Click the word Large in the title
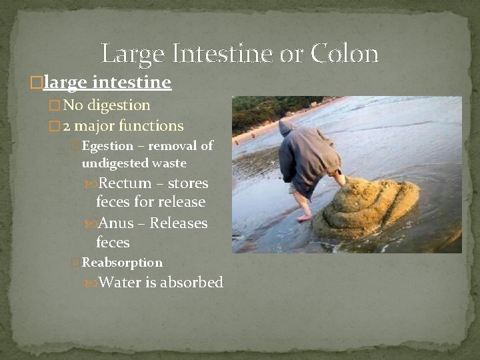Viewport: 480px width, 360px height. [131, 53]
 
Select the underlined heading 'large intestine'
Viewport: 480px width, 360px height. [107, 83]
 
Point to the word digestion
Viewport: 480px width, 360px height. [119, 105]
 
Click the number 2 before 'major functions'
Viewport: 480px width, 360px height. [67, 125]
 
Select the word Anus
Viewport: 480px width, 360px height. [116, 223]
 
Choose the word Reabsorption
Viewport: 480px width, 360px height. [122, 263]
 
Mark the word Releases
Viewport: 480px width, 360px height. [179, 223]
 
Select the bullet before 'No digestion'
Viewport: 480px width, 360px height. [55, 106]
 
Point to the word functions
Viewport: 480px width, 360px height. [152, 125]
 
